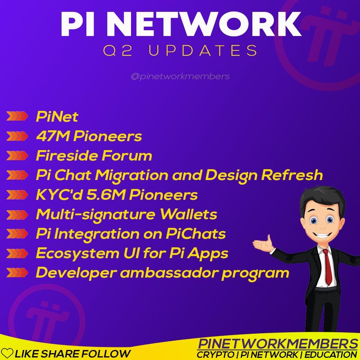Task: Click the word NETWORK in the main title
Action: click(206, 24)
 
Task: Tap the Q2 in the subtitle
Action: click(118, 50)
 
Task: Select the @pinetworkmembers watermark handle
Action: click(180, 76)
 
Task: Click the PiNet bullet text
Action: click(57, 117)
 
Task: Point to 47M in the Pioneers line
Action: click(53, 136)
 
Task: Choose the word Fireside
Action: click(67, 156)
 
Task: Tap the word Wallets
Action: click(188, 214)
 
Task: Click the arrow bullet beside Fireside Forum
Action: click(17, 156)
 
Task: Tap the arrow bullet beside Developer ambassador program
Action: click(17, 273)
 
